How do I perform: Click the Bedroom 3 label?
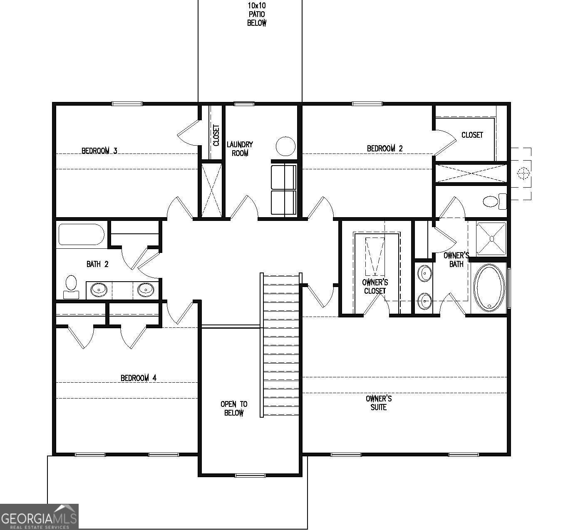pos(99,151)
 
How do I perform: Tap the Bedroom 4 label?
pos(139,378)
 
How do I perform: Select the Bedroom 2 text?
pos(385,149)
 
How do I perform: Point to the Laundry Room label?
pos(240,149)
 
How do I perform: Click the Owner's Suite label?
pos(379,403)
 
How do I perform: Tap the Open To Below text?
pos(234,409)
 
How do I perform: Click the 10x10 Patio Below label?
pos(257,15)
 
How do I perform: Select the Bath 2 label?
pos(97,264)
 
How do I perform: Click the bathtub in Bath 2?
pos(81,235)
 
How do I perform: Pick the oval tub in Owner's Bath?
pos(489,287)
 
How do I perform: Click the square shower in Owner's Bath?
pos(491,239)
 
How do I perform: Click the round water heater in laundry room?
pos(285,146)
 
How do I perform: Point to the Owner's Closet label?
pos(375,287)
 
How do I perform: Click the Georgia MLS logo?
pos(39,517)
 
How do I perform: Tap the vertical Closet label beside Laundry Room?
pos(216,136)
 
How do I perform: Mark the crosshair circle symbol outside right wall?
pos(523,173)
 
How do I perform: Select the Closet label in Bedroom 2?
pos(472,135)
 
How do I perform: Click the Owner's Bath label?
pos(456,260)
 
